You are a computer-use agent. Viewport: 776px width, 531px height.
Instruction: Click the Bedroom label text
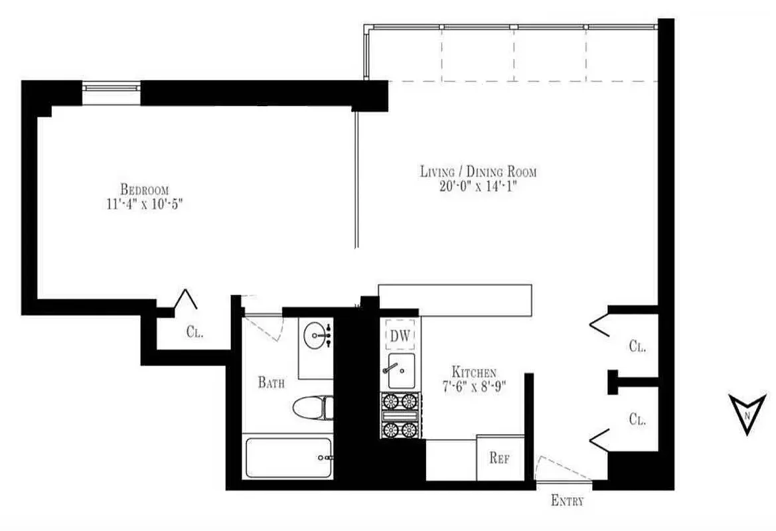coord(144,189)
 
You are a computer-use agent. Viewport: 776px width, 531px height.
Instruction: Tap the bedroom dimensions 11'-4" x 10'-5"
coord(139,203)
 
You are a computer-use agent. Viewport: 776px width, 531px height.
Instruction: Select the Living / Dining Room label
coord(478,172)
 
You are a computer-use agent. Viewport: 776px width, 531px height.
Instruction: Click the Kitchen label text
coord(473,372)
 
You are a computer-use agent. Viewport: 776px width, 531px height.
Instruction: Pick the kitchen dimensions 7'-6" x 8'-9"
coord(474,387)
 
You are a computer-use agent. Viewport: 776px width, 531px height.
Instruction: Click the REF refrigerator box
coord(500,457)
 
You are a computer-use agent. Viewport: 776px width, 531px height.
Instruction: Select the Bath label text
coord(272,382)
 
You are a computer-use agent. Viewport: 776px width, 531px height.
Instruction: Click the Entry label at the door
coord(568,501)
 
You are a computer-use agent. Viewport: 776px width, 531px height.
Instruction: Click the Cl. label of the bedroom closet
coord(194,333)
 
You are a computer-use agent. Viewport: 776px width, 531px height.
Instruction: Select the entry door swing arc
coord(562,467)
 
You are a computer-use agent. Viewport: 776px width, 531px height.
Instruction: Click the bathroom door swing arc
coord(266,328)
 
